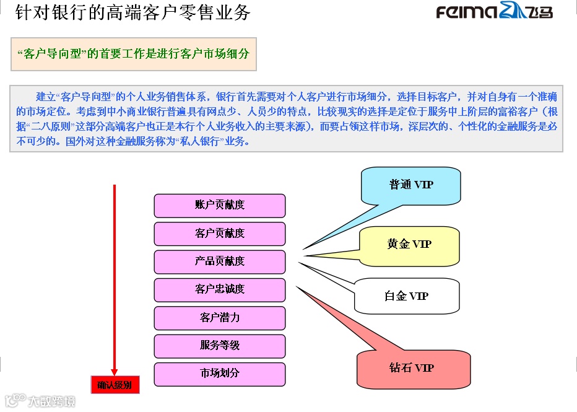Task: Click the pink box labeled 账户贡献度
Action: coord(220,206)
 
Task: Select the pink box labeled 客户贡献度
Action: coord(220,234)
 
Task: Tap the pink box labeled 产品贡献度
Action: coord(220,261)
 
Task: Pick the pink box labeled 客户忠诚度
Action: coord(220,289)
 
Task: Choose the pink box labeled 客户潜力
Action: coord(220,318)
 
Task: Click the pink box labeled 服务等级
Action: coord(220,346)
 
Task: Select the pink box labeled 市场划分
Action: coord(220,374)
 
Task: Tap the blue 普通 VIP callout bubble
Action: coord(411,185)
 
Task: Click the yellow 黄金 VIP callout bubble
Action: coord(409,244)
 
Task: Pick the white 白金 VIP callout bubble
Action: coord(407,296)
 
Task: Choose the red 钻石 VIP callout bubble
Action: coord(412,368)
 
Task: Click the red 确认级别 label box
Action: coord(115,385)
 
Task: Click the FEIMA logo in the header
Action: coord(494,12)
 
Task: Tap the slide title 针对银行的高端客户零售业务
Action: coord(132,12)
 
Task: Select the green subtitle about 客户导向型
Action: coord(134,54)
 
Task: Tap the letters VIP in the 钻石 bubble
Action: coord(424,368)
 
